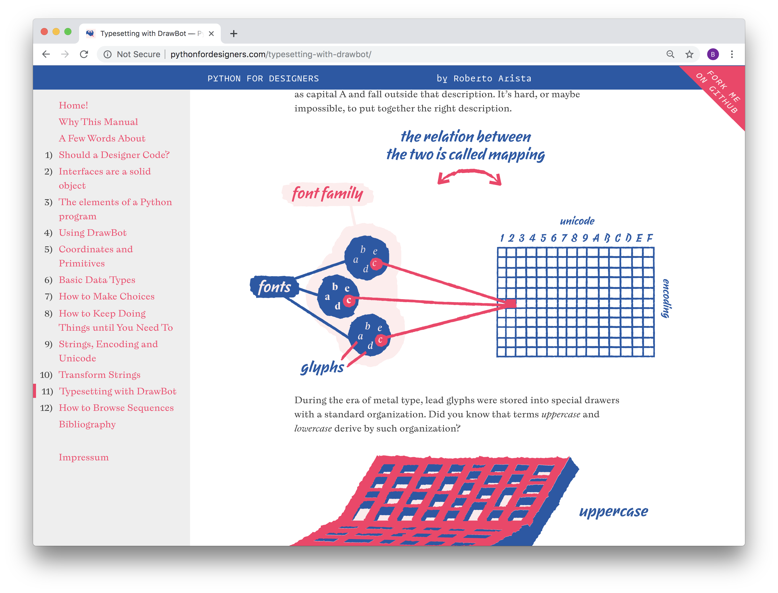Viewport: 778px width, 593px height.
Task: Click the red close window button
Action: [44, 32]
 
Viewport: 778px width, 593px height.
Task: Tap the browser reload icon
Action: [84, 54]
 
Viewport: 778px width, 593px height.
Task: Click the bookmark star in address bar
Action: [689, 54]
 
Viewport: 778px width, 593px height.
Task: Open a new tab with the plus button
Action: [233, 34]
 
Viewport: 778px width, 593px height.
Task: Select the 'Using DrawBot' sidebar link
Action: [93, 233]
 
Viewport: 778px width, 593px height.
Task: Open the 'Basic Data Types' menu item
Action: [97, 280]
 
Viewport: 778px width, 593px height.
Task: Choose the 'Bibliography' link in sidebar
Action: [87, 424]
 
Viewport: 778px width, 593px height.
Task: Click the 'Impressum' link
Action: [84, 457]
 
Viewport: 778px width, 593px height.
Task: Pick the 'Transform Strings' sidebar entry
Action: [99, 375]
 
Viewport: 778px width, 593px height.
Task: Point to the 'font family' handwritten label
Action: [327, 193]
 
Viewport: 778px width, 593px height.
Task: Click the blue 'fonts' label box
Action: [274, 286]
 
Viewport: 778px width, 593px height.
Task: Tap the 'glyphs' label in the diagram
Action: [322, 367]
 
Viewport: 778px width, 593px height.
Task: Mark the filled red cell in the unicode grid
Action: [511, 303]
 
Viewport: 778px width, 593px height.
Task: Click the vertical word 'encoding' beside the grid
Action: [666, 298]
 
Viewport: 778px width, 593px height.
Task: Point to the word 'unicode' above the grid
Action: [577, 221]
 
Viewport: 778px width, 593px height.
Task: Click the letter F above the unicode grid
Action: [650, 238]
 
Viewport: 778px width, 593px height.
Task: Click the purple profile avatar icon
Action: [712, 54]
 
